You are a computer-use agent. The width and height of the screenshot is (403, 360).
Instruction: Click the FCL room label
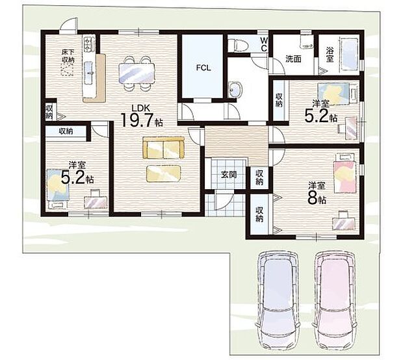click(x=203, y=68)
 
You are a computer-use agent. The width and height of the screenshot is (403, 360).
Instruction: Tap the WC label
click(x=263, y=44)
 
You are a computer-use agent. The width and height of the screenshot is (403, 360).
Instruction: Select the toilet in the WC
click(x=237, y=44)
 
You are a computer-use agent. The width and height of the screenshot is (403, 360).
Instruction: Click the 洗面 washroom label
click(x=294, y=59)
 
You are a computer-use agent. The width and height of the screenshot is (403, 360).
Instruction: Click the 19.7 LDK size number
click(x=138, y=120)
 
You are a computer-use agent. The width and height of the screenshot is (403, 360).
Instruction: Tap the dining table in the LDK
click(x=137, y=73)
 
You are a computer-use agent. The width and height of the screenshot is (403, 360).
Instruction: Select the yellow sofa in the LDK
click(x=163, y=148)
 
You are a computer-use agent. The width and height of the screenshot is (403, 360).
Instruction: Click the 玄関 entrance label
click(x=229, y=175)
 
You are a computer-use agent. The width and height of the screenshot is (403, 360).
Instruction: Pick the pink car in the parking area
click(x=335, y=301)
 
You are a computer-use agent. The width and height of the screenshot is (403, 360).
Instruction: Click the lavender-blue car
click(x=278, y=301)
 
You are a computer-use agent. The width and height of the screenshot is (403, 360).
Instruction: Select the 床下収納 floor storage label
click(x=68, y=56)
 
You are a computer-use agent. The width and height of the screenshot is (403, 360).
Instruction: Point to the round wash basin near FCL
click(x=235, y=90)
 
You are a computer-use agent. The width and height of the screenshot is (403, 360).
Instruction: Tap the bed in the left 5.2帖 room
click(x=58, y=188)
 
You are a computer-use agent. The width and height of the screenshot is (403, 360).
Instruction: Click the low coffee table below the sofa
click(x=163, y=174)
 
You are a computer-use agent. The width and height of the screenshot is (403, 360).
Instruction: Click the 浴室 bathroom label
click(x=330, y=54)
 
